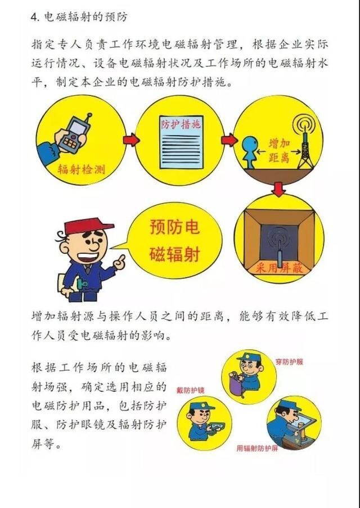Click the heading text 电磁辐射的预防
click(85, 16)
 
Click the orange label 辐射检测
click(82, 169)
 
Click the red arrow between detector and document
click(132, 140)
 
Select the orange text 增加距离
click(280, 150)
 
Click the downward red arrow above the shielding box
click(278, 188)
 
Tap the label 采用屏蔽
click(279, 268)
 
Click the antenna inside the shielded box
click(280, 246)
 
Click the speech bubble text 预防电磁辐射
click(174, 241)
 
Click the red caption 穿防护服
click(289, 362)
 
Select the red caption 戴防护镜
click(191, 390)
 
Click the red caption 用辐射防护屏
click(257, 448)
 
